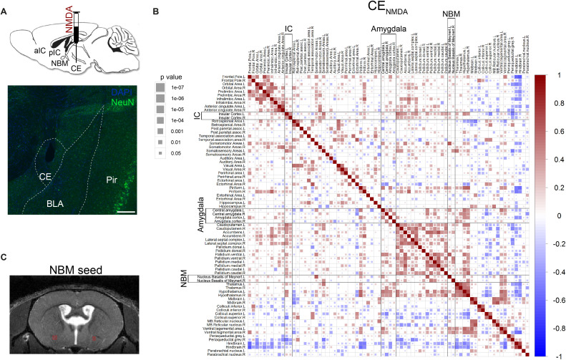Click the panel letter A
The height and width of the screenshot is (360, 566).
(x=6, y=6)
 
